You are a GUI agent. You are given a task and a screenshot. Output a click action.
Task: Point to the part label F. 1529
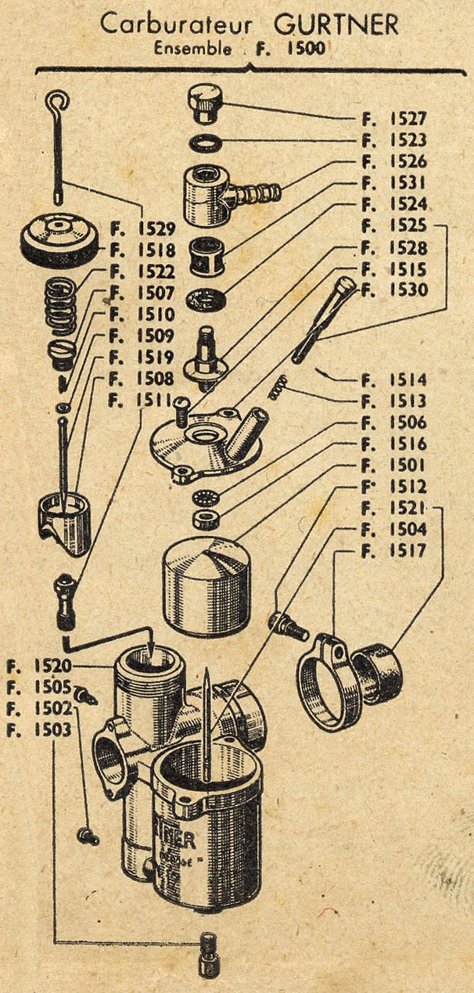point(143,229)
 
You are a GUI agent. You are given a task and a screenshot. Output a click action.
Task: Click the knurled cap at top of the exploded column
point(206,103)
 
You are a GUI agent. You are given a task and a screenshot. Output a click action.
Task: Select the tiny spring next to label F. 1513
point(278,386)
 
